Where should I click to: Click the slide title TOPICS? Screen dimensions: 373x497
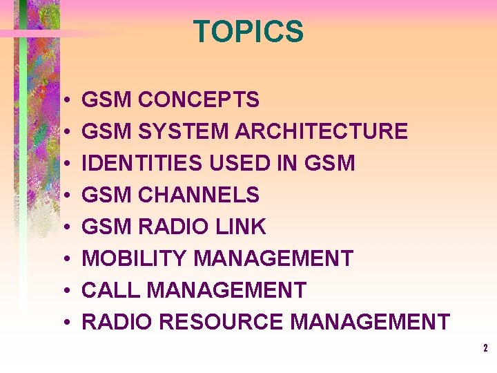[248, 32]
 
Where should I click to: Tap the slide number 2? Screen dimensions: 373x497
[485, 349]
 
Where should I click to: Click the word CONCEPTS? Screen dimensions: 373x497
[199, 99]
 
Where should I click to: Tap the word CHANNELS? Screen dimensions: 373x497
[199, 195]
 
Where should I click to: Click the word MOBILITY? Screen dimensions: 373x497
[135, 258]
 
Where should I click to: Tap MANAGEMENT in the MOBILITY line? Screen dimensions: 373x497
[273, 258]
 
